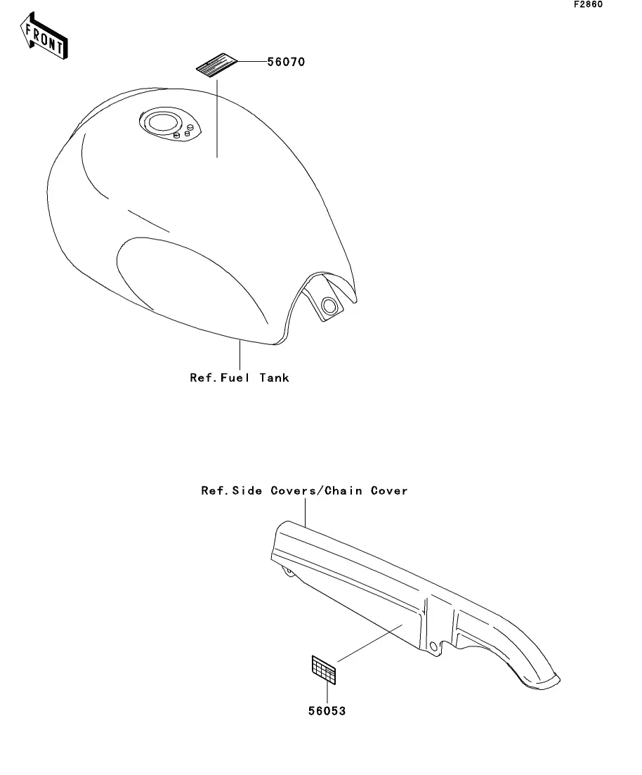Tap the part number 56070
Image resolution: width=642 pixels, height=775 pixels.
[286, 62]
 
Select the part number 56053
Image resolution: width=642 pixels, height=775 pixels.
[327, 711]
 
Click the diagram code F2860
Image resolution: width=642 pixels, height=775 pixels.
[588, 4]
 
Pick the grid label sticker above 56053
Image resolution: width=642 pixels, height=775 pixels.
[324, 670]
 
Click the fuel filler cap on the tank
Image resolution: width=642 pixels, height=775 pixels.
[165, 122]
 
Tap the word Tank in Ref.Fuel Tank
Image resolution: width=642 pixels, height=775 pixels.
[273, 378]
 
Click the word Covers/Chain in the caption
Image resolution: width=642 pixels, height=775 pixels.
[317, 490]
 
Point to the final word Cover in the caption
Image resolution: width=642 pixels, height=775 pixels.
[389, 490]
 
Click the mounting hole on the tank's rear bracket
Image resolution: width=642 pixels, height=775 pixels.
[329, 305]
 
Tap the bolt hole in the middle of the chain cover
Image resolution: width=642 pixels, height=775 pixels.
[433, 645]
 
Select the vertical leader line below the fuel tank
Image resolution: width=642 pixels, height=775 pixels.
[240, 355]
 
